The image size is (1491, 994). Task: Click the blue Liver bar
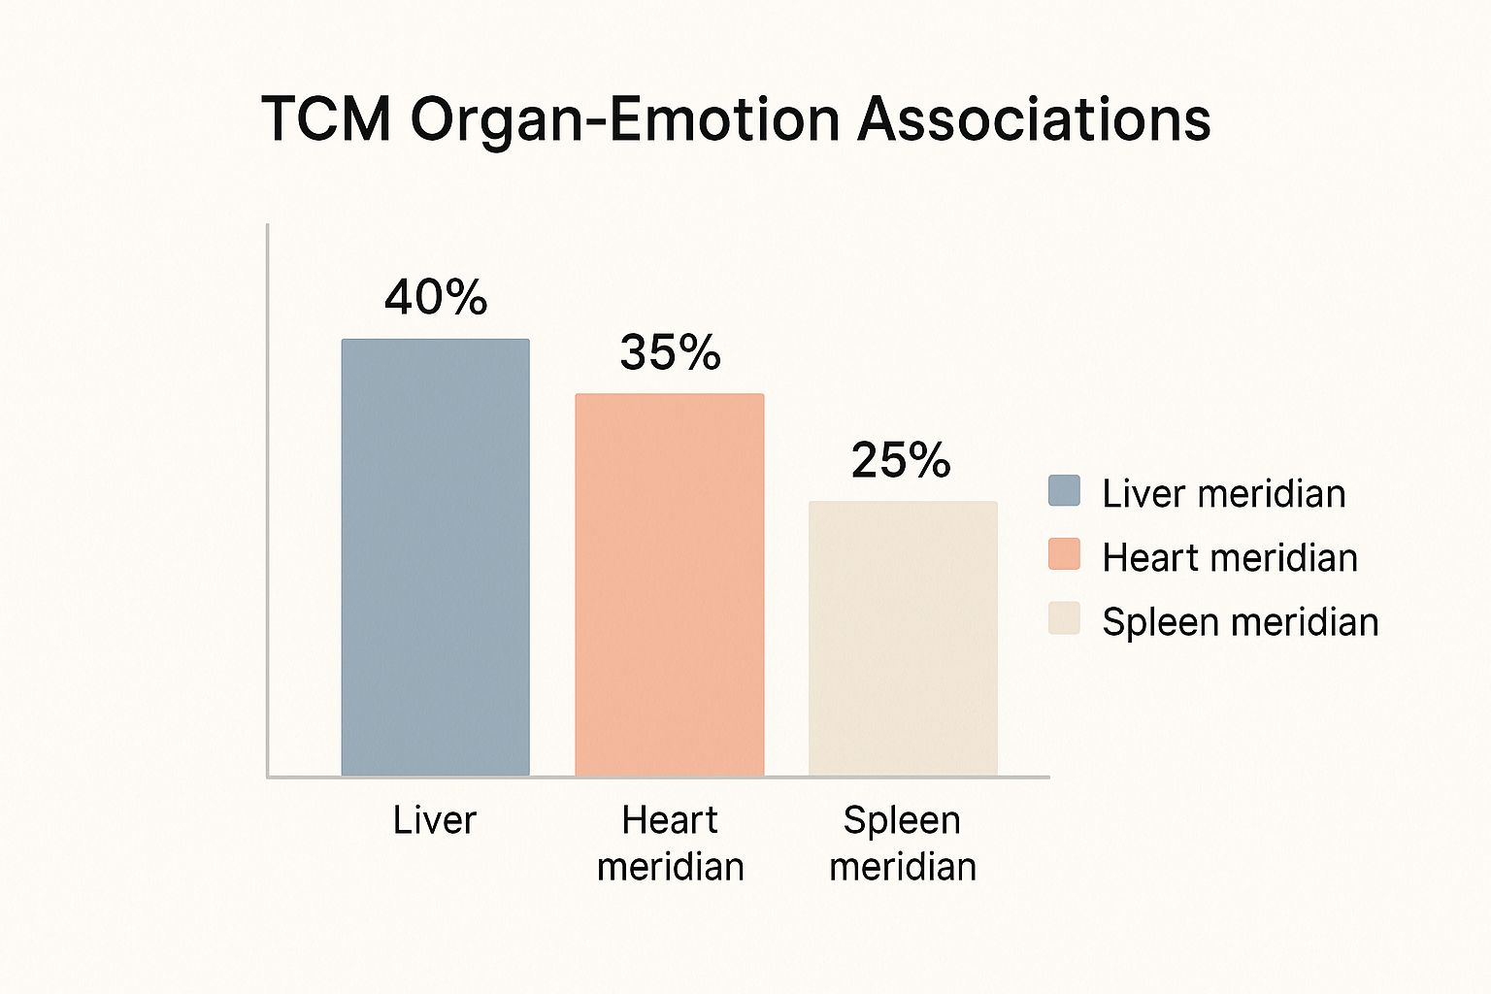pyautogui.click(x=435, y=557)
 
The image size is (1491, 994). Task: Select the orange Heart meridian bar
pyautogui.click(x=670, y=584)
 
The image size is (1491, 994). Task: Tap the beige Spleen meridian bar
pyautogui.click(x=903, y=638)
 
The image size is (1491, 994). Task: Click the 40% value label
pyautogui.click(x=436, y=297)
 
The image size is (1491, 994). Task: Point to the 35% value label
pyautogui.click(x=670, y=352)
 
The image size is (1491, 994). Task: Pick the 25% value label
pyautogui.click(x=901, y=460)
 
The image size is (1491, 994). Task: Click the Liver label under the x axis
pyautogui.click(x=435, y=820)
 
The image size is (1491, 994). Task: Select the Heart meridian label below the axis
pyautogui.click(x=670, y=843)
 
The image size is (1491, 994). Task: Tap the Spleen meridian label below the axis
pyautogui.click(x=903, y=843)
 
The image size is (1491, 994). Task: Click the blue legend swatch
pyautogui.click(x=1064, y=491)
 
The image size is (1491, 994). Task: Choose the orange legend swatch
pyautogui.click(x=1064, y=554)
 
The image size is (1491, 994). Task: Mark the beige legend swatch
pyautogui.click(x=1064, y=618)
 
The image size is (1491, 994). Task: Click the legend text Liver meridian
pyautogui.click(x=1223, y=494)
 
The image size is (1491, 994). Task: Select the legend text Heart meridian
pyautogui.click(x=1229, y=558)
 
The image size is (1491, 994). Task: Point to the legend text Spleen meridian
pyautogui.click(x=1240, y=622)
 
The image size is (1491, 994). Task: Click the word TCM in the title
pyautogui.click(x=326, y=119)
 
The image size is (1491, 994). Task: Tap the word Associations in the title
pyautogui.click(x=1034, y=119)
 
